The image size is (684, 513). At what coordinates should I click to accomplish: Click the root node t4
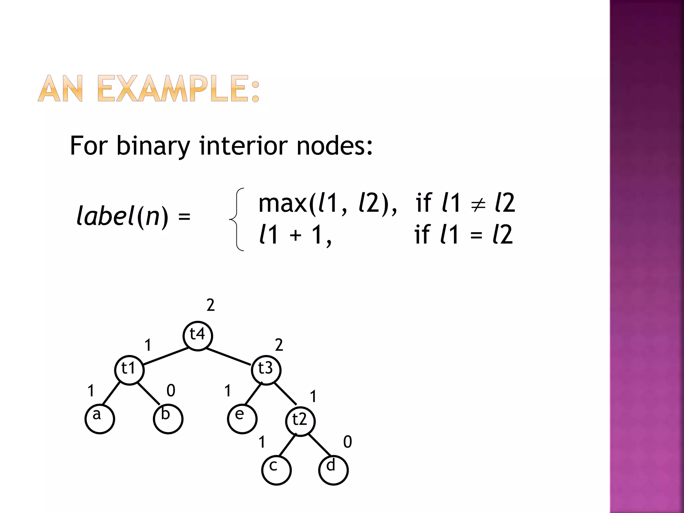coord(198,336)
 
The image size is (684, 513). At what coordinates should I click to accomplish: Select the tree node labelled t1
coord(129,370)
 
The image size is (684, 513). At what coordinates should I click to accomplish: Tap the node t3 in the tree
coord(266,370)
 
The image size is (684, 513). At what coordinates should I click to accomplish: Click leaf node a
coord(100,419)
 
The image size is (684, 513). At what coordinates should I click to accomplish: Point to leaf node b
coord(168,419)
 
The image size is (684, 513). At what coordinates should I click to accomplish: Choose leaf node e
coord(242,419)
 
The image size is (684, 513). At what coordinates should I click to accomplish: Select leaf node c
coord(276,470)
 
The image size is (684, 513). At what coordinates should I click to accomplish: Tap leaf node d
coord(333,470)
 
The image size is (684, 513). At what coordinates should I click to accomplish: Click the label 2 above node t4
coord(210,305)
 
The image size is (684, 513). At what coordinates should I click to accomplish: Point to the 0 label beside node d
coord(347,442)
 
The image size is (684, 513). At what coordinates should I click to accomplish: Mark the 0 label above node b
coord(171,390)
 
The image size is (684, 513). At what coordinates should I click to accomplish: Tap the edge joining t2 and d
coord(320,445)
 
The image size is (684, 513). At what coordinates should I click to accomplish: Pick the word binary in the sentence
coord(153,146)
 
